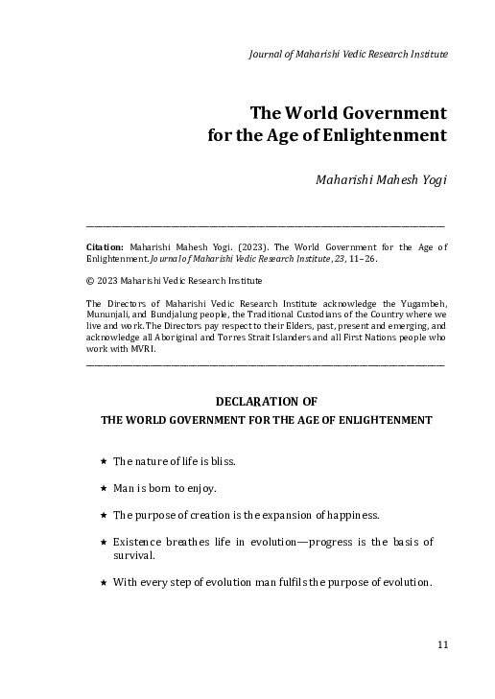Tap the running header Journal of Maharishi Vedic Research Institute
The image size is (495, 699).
click(x=348, y=55)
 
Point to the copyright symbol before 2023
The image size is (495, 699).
click(x=89, y=281)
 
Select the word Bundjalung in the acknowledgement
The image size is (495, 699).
click(x=184, y=315)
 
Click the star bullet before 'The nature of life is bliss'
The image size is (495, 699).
click(x=103, y=461)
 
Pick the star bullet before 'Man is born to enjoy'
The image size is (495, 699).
click(x=103, y=488)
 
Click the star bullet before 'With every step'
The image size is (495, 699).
click(x=103, y=582)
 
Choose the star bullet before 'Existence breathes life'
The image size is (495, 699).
click(x=103, y=542)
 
